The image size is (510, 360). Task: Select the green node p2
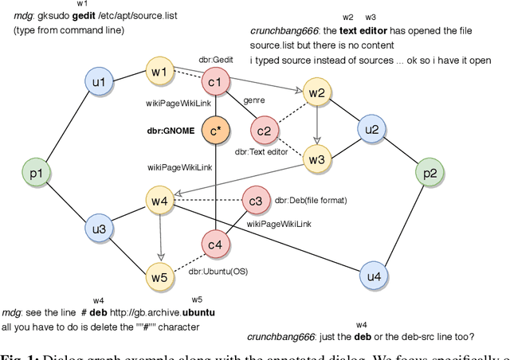pos(430,173)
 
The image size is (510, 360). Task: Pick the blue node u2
pos(371,130)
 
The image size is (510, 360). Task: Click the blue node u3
pos(99,229)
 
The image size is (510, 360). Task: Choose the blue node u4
pos(371,276)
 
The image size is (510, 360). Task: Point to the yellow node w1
pos(159,73)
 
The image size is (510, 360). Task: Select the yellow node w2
pos(317,94)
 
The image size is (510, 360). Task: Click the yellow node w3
pos(317,159)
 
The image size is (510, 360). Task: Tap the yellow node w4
pos(160,202)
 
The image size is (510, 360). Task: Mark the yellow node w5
pos(160,277)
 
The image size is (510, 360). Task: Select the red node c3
pos(256,202)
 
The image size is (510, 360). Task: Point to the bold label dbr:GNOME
pos(170,130)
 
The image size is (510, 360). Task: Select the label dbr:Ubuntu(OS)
pos(218,271)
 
